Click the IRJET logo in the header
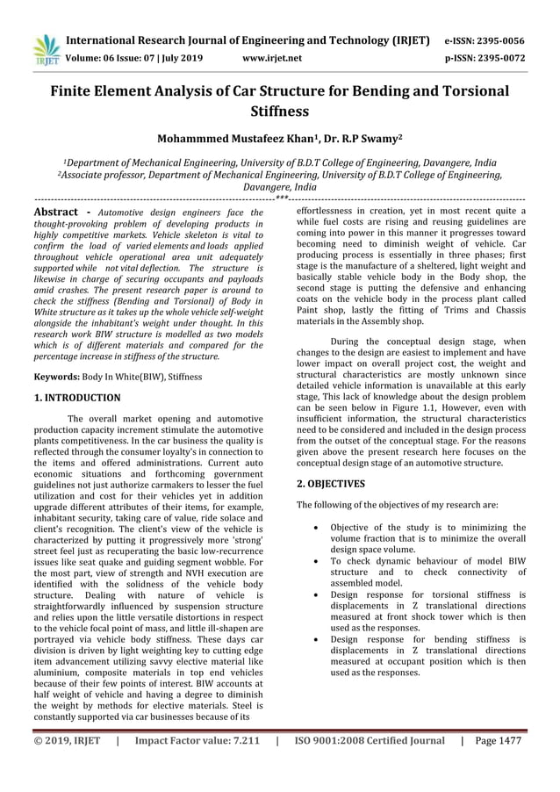coord(44,48)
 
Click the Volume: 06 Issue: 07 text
coord(116,59)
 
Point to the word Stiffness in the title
coord(279,112)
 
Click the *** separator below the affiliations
coord(281,199)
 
